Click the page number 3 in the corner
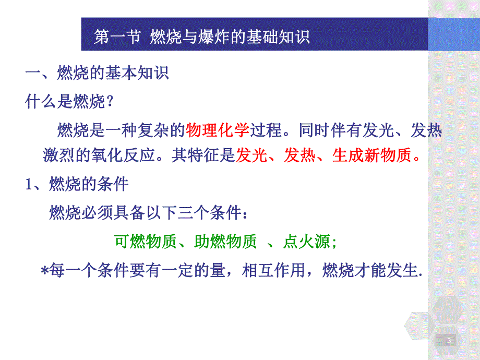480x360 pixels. [449, 341]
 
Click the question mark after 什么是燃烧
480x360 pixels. [110, 102]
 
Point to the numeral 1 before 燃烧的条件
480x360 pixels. [30, 184]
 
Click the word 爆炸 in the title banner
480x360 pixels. [214, 37]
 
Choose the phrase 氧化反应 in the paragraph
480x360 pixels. [130, 155]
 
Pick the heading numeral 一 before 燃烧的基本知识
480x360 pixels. [33, 73]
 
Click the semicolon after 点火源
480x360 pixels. [334, 242]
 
